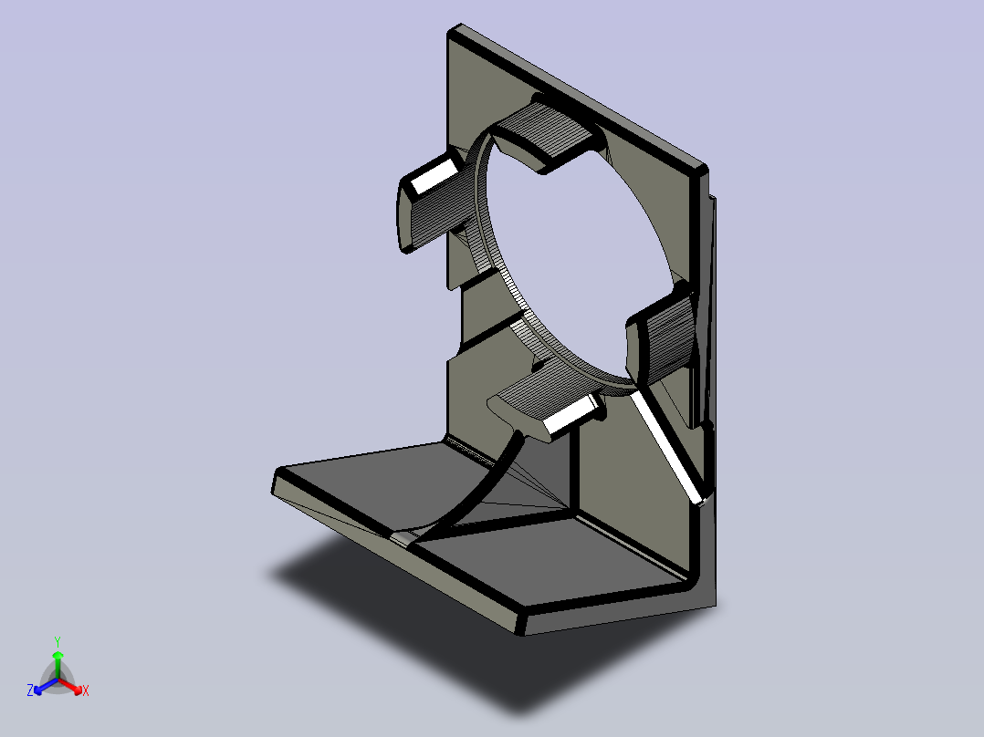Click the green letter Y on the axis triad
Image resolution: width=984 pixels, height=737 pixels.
tap(58, 641)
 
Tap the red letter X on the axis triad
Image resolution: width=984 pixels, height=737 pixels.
tap(86, 690)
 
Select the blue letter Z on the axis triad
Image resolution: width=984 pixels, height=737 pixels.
tap(30, 690)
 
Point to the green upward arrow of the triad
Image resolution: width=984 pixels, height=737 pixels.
tap(58, 664)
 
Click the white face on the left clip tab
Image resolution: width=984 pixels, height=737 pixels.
tap(434, 176)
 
